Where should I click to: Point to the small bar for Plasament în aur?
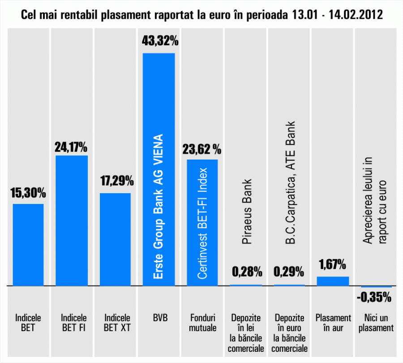pyautogui.click(x=333, y=281)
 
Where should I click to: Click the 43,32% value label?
pyautogui.click(x=160, y=42)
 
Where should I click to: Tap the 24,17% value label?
pyautogui.click(x=71, y=147)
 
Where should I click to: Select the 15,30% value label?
pyautogui.click(x=28, y=194)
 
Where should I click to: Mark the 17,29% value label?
pyautogui.click(x=116, y=181)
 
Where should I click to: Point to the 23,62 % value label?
pyautogui.click(x=201, y=149)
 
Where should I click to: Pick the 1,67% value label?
pyautogui.click(x=332, y=265)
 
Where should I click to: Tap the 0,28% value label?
pyautogui.click(x=247, y=272)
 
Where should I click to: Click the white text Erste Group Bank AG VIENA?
pyautogui.click(x=159, y=207)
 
